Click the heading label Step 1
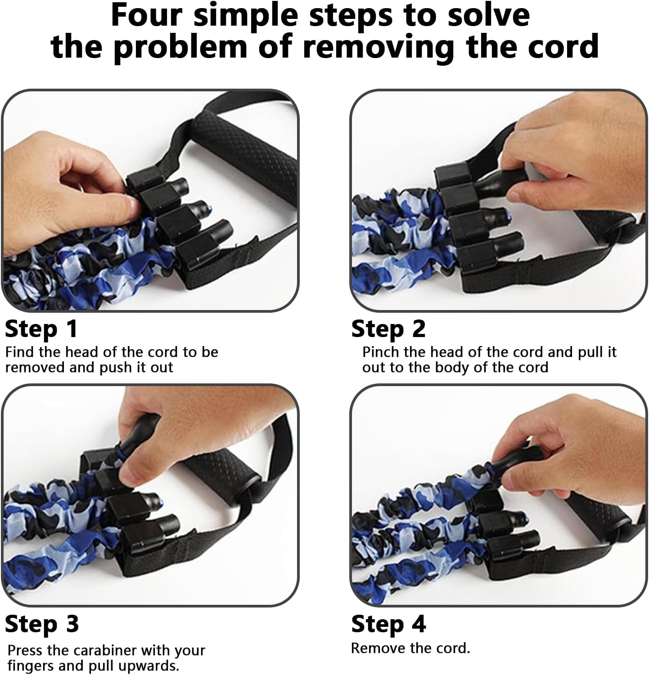(x=41, y=329)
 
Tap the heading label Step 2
(x=388, y=329)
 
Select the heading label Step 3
(x=42, y=624)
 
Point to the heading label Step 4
(x=388, y=624)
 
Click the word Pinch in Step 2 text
(x=381, y=352)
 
